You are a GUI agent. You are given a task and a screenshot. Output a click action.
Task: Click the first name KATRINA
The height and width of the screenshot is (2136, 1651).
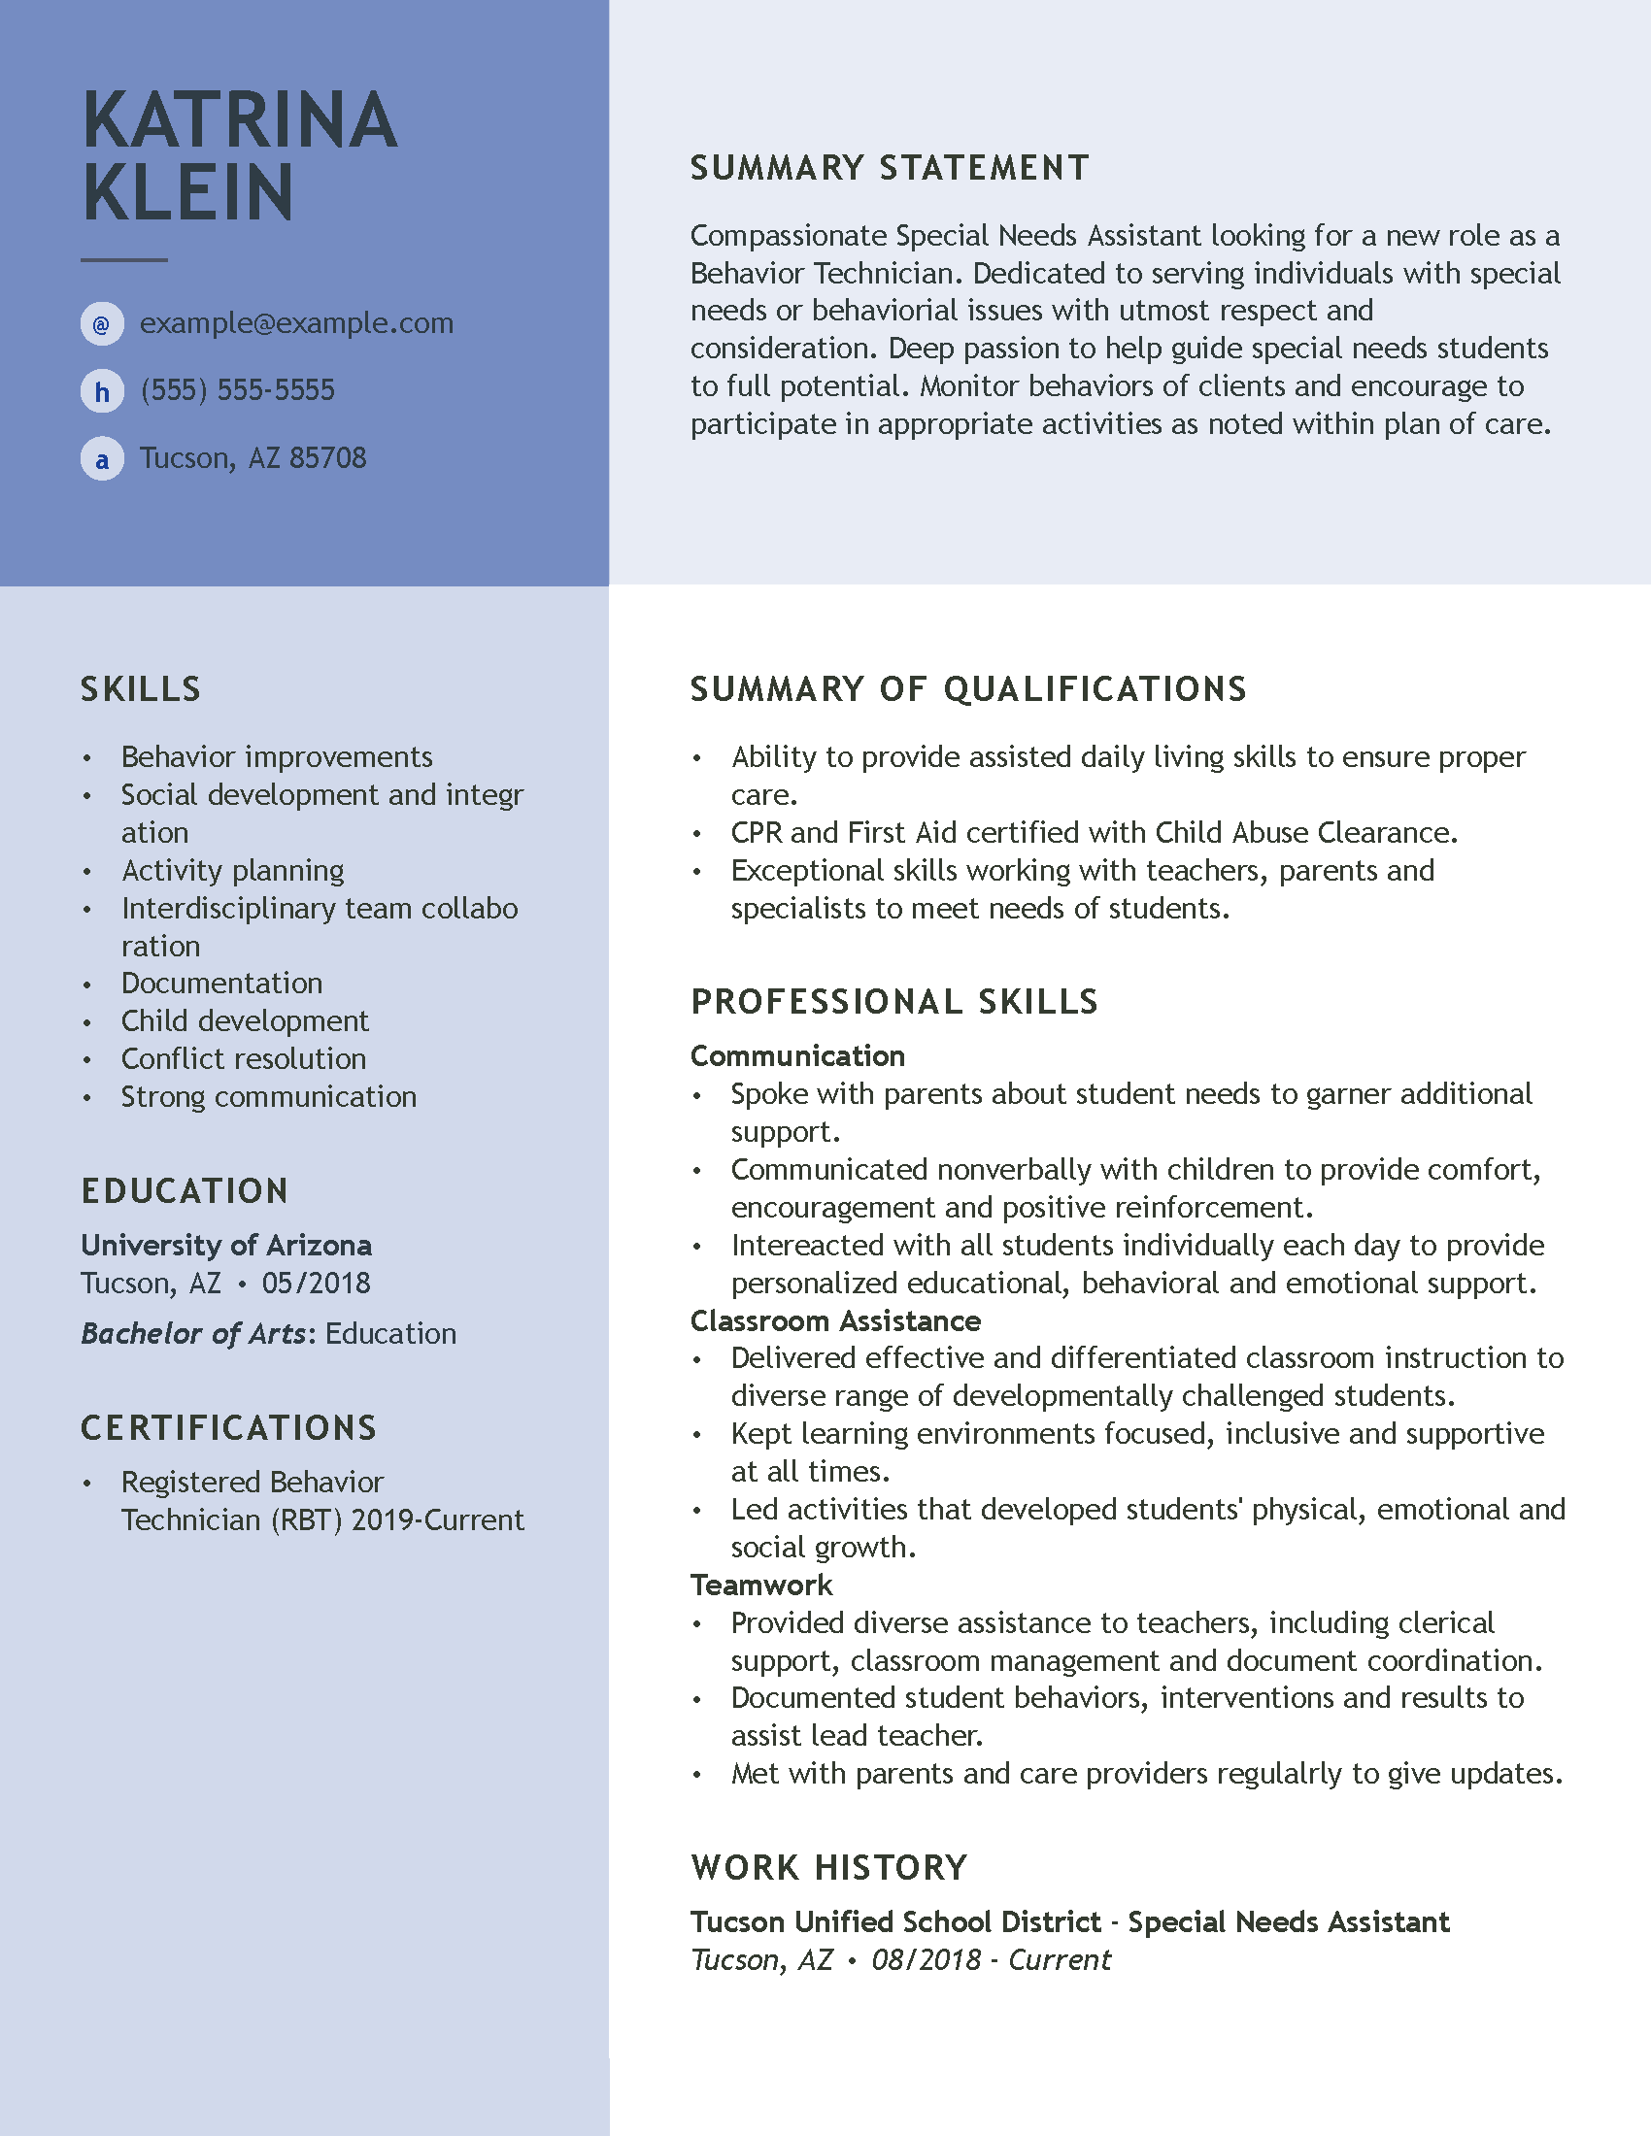click(240, 120)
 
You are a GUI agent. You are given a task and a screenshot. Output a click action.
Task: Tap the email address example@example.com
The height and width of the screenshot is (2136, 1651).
click(296, 322)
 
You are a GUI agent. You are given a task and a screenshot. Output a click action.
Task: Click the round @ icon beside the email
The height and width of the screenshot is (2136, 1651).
click(102, 323)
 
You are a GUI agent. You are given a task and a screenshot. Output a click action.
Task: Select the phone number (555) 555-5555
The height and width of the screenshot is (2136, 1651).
click(238, 390)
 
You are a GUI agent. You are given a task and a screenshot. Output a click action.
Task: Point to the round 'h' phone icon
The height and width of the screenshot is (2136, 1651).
click(102, 392)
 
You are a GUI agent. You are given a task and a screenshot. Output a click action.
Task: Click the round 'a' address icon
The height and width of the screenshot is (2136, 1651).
click(102, 458)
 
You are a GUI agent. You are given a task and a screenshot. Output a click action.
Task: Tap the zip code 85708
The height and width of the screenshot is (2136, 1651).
click(327, 457)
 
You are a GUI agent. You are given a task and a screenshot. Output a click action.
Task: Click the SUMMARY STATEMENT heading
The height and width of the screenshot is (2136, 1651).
click(889, 168)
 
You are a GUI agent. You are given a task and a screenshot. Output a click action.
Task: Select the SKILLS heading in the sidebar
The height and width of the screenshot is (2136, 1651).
click(141, 689)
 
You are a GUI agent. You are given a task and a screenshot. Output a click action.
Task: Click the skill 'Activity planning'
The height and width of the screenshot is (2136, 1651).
click(233, 871)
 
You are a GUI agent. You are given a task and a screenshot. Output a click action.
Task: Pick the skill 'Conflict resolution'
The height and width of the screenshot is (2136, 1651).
click(244, 1058)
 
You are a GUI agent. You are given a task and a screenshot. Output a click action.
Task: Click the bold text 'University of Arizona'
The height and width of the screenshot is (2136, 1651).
click(226, 1245)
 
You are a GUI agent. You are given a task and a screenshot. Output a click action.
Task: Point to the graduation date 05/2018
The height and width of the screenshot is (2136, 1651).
click(316, 1284)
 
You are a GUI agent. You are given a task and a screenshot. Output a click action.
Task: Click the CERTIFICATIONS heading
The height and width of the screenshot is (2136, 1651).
click(229, 1428)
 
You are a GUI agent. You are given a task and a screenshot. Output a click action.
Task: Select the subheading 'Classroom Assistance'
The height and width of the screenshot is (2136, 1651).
click(835, 1320)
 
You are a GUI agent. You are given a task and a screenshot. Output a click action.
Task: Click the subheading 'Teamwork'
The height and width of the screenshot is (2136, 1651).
click(761, 1585)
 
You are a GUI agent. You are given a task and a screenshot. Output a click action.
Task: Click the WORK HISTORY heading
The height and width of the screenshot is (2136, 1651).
click(828, 1867)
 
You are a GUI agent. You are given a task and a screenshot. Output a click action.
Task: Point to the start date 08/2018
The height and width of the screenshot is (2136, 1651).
click(926, 1960)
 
